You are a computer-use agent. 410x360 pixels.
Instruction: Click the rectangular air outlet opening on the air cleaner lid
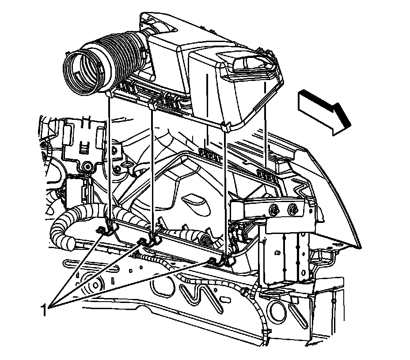251,64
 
